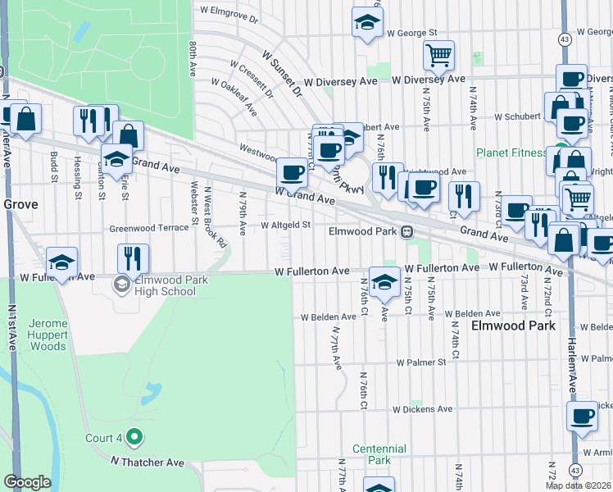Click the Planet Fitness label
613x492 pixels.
pos(511,153)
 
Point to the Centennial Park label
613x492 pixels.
pos(379,454)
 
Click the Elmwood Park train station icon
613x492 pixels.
pos(406,232)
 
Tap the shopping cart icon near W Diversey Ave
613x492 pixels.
pos(438,56)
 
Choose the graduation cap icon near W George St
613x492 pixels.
pos(367,23)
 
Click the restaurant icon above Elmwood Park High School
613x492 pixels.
pos(133,259)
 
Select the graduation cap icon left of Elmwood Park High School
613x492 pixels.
pos(61,262)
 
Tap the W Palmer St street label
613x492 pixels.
pos(420,362)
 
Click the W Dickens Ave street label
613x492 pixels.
pos(422,409)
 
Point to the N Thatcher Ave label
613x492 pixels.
pos(148,462)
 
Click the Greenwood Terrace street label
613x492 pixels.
pos(149,227)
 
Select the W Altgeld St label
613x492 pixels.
pos(285,225)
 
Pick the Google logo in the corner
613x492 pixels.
pos(27,482)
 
